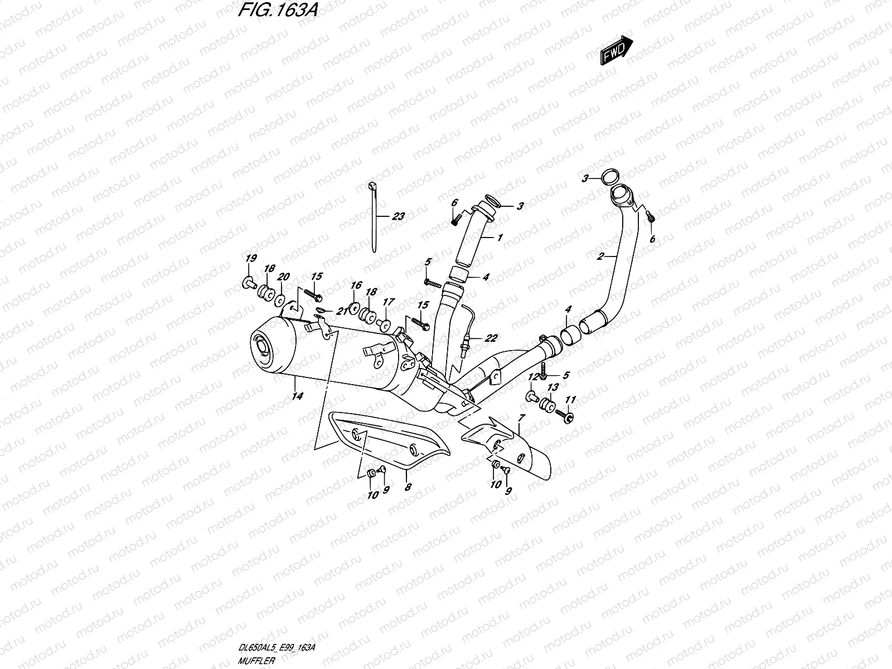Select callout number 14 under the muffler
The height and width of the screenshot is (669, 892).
pyautogui.click(x=297, y=396)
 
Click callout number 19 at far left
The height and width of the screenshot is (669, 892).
pyautogui.click(x=251, y=258)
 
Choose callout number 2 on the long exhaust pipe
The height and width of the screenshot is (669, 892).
pyautogui.click(x=600, y=256)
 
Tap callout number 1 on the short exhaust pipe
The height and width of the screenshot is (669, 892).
pyautogui.click(x=500, y=237)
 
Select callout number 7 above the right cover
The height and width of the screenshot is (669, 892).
pyautogui.click(x=521, y=417)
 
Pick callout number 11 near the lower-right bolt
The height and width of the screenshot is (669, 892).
pyautogui.click(x=570, y=400)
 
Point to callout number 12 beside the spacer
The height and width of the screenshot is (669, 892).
pyautogui.click(x=533, y=377)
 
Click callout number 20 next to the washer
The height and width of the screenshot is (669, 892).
pyautogui.click(x=284, y=277)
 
